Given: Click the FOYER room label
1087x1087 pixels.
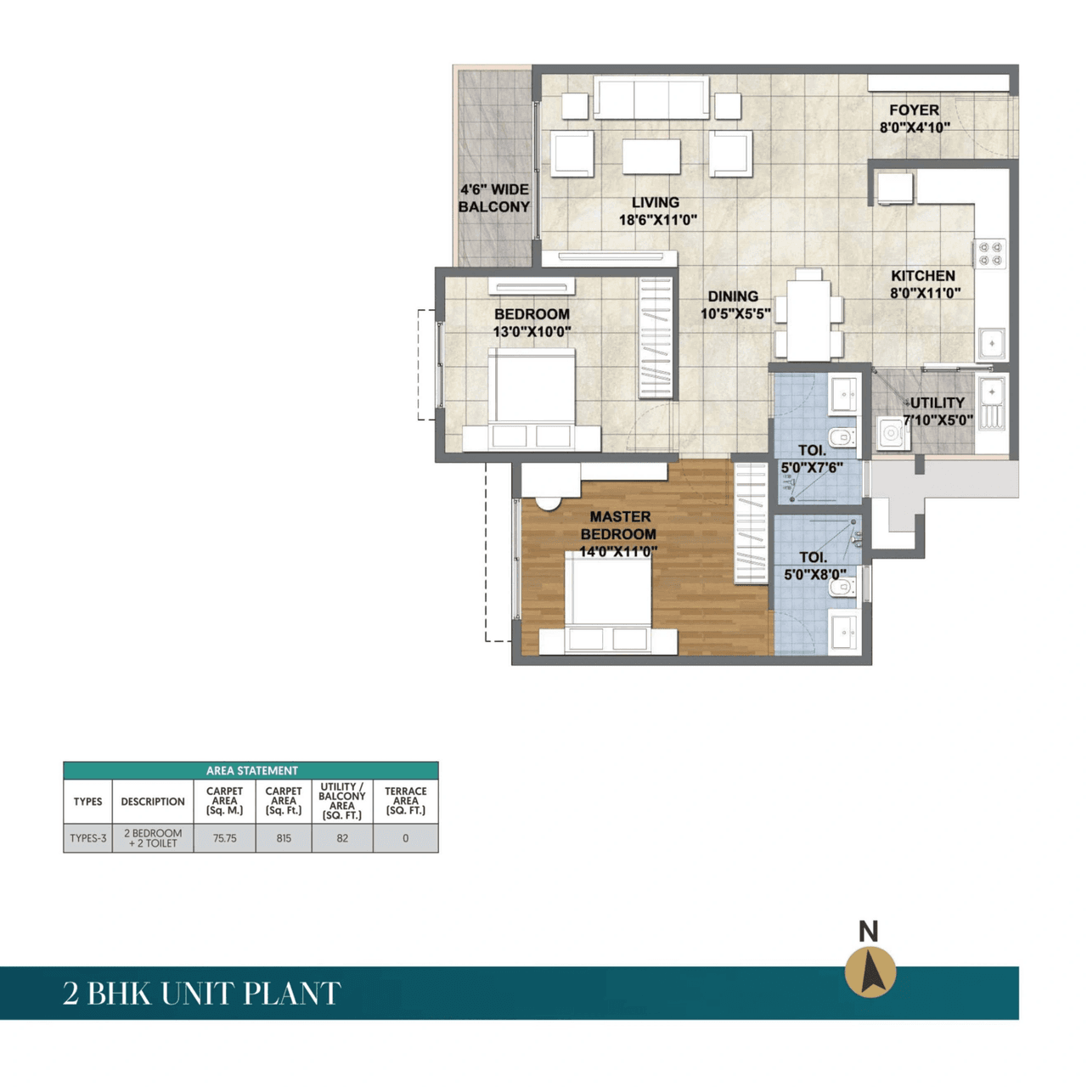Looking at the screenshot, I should [914, 110].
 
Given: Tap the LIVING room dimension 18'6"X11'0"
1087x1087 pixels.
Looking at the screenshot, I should [657, 220].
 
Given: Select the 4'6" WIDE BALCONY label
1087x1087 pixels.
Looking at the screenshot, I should [493, 198].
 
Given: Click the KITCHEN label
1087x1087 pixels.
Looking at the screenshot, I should [923, 276].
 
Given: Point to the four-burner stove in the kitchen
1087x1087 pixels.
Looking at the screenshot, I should [990, 253].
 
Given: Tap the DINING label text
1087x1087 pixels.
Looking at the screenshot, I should [733, 296].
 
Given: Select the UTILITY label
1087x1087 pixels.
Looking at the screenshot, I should [938, 403].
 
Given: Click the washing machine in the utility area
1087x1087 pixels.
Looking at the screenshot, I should [892, 434].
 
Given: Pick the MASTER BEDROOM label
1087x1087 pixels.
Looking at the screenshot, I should [619, 525].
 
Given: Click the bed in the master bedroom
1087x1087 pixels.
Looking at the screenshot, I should [608, 599].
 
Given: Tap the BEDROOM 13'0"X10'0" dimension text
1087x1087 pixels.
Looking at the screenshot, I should [532, 332].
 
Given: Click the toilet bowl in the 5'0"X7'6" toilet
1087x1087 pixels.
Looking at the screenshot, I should [842, 438].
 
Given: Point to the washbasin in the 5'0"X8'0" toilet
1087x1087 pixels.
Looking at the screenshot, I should [843, 631].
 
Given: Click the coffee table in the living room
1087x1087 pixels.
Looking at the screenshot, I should [651, 156].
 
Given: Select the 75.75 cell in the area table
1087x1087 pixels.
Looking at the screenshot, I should [224, 838].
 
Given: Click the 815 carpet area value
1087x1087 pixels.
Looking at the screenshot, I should [284, 838].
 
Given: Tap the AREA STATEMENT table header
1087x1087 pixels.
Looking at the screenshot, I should [251, 770].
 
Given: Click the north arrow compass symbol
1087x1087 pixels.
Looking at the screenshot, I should [870, 972].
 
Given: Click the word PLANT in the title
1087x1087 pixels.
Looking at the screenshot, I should [293, 994].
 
